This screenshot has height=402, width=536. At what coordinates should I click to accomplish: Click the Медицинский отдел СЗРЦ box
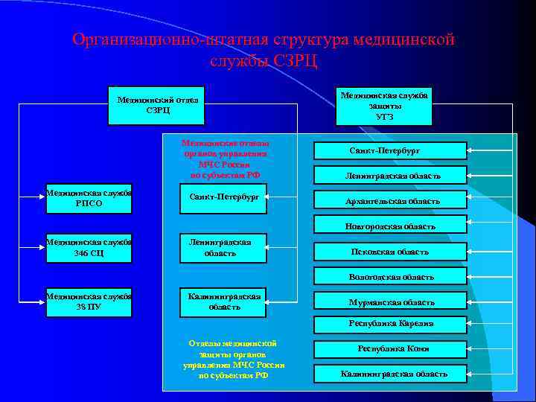click(x=157, y=104)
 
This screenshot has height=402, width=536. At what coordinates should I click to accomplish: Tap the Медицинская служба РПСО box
click(x=89, y=198)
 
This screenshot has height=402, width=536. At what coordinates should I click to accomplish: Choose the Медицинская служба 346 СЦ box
click(x=89, y=247)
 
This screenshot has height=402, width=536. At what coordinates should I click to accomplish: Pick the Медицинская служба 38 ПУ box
click(x=89, y=301)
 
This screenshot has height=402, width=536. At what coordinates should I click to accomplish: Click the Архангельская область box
click(x=391, y=200)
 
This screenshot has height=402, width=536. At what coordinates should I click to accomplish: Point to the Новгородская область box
click(x=391, y=225)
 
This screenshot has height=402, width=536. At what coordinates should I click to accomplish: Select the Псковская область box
click(x=391, y=252)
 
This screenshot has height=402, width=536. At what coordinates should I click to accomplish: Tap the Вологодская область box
click(x=391, y=276)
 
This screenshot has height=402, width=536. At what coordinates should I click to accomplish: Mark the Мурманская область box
click(x=391, y=301)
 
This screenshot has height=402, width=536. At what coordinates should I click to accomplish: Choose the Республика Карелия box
click(x=391, y=323)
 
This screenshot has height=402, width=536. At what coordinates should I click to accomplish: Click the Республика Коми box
click(x=391, y=348)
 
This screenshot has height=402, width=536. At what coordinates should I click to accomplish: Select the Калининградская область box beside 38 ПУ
click(x=223, y=301)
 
